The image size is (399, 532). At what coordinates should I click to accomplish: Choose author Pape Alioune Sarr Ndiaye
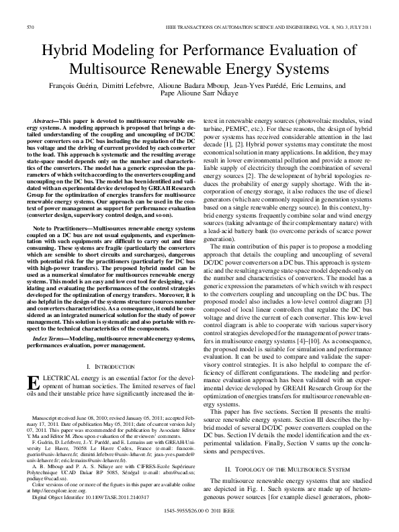pyautogui.click(x=199, y=95)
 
